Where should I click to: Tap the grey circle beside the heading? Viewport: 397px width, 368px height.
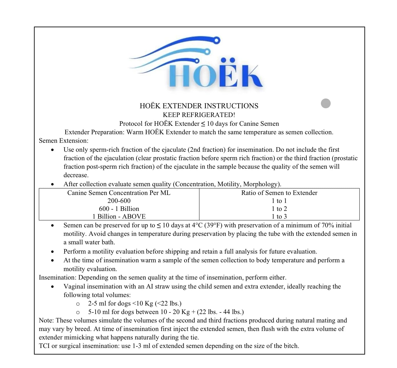[326, 103]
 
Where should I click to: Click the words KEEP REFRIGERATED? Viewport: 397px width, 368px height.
[199, 115]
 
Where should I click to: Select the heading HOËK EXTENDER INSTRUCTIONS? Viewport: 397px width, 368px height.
[199, 106]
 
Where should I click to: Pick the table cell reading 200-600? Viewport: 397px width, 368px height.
[119, 201]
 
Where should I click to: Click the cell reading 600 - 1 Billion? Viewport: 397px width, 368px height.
[119, 209]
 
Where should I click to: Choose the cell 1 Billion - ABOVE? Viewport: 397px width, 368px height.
[119, 217]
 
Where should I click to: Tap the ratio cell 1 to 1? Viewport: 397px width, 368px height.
[279, 201]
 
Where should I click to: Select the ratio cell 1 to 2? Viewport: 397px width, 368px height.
[279, 209]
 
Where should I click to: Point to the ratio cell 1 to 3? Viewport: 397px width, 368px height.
[279, 217]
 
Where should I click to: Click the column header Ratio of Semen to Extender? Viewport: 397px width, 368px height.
[279, 193]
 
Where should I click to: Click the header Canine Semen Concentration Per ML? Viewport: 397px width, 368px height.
[119, 193]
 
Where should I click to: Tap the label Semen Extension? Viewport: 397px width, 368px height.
[64, 141]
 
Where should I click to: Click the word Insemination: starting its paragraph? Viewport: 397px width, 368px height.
[58, 278]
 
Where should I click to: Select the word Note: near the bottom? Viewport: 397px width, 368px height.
[46, 320]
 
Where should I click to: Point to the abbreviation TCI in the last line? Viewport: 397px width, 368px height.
[44, 346]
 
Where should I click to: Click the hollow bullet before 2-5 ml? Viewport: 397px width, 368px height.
[78, 304]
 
